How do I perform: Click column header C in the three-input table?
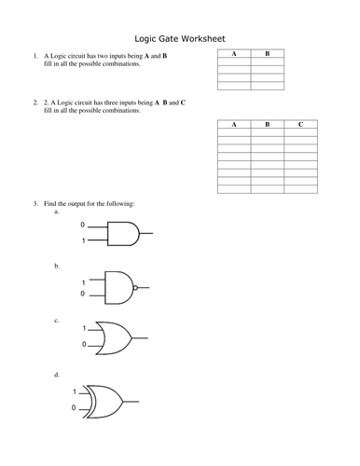299,124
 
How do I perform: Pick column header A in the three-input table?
233,124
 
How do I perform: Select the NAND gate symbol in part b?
119,287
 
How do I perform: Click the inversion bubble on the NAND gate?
136,288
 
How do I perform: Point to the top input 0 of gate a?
82,226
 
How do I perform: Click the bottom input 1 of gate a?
82,241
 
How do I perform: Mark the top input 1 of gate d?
76,392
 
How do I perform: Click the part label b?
57,266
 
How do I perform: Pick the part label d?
57,375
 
